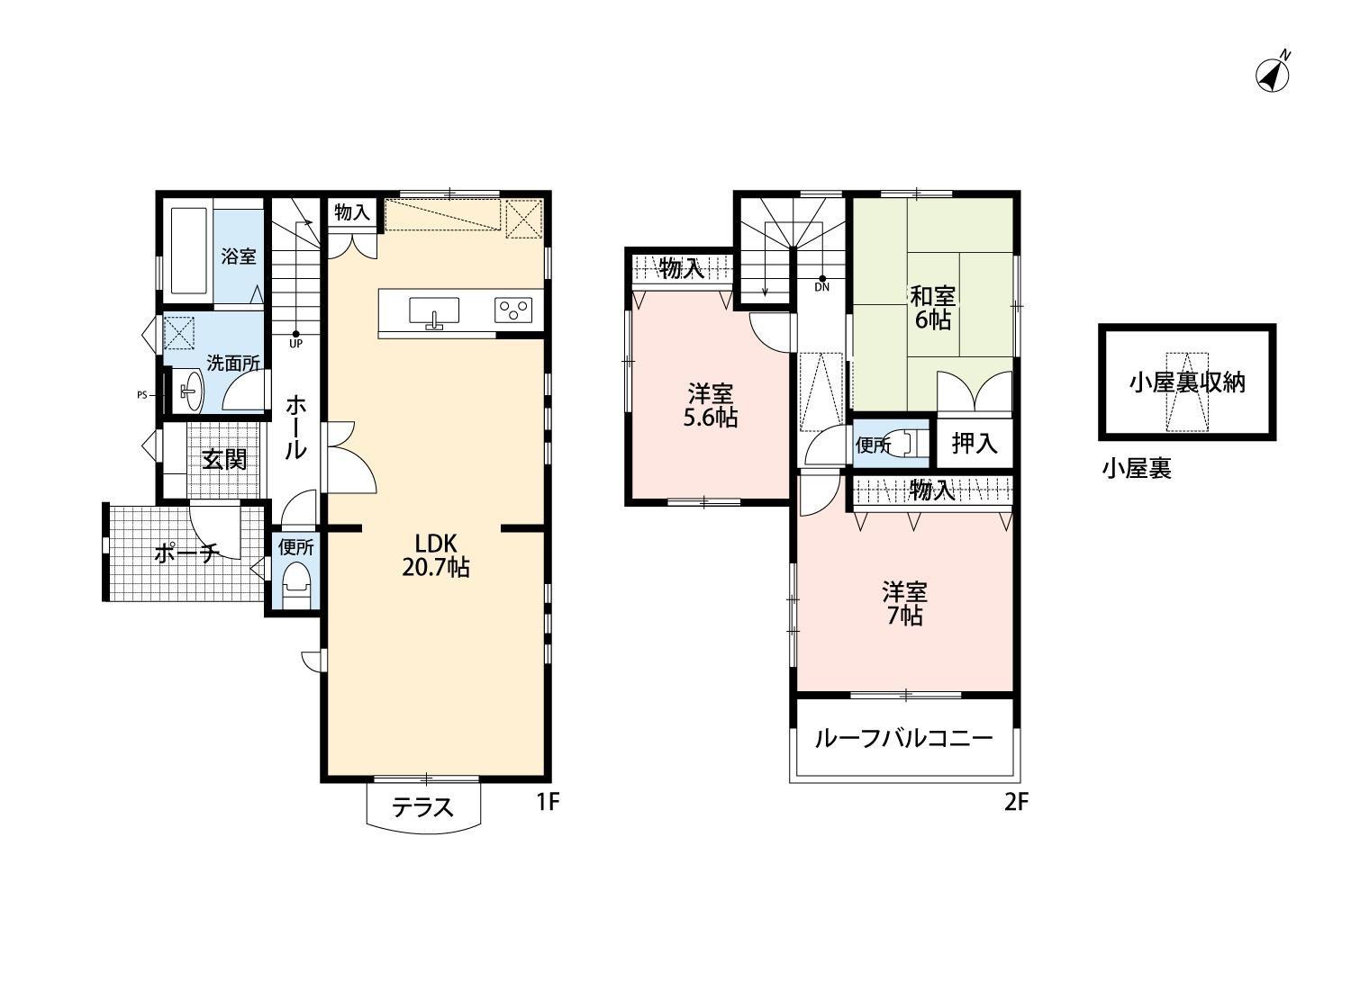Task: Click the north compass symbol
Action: [1272, 75]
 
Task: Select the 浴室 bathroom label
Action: [239, 256]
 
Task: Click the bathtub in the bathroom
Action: [187, 251]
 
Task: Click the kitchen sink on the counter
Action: [434, 311]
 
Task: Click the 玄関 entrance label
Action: [223, 460]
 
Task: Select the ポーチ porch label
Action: [186, 553]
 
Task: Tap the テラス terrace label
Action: [422, 807]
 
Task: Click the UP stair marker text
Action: [295, 343]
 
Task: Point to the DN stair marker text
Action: [821, 288]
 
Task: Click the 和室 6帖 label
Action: [932, 308]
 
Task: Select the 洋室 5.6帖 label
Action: [712, 405]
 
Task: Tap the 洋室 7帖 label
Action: [904, 604]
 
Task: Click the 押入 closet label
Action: [975, 443]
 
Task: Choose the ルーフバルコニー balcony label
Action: [903, 739]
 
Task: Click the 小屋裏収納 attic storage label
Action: [1187, 382]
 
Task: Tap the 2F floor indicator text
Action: [1016, 802]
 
